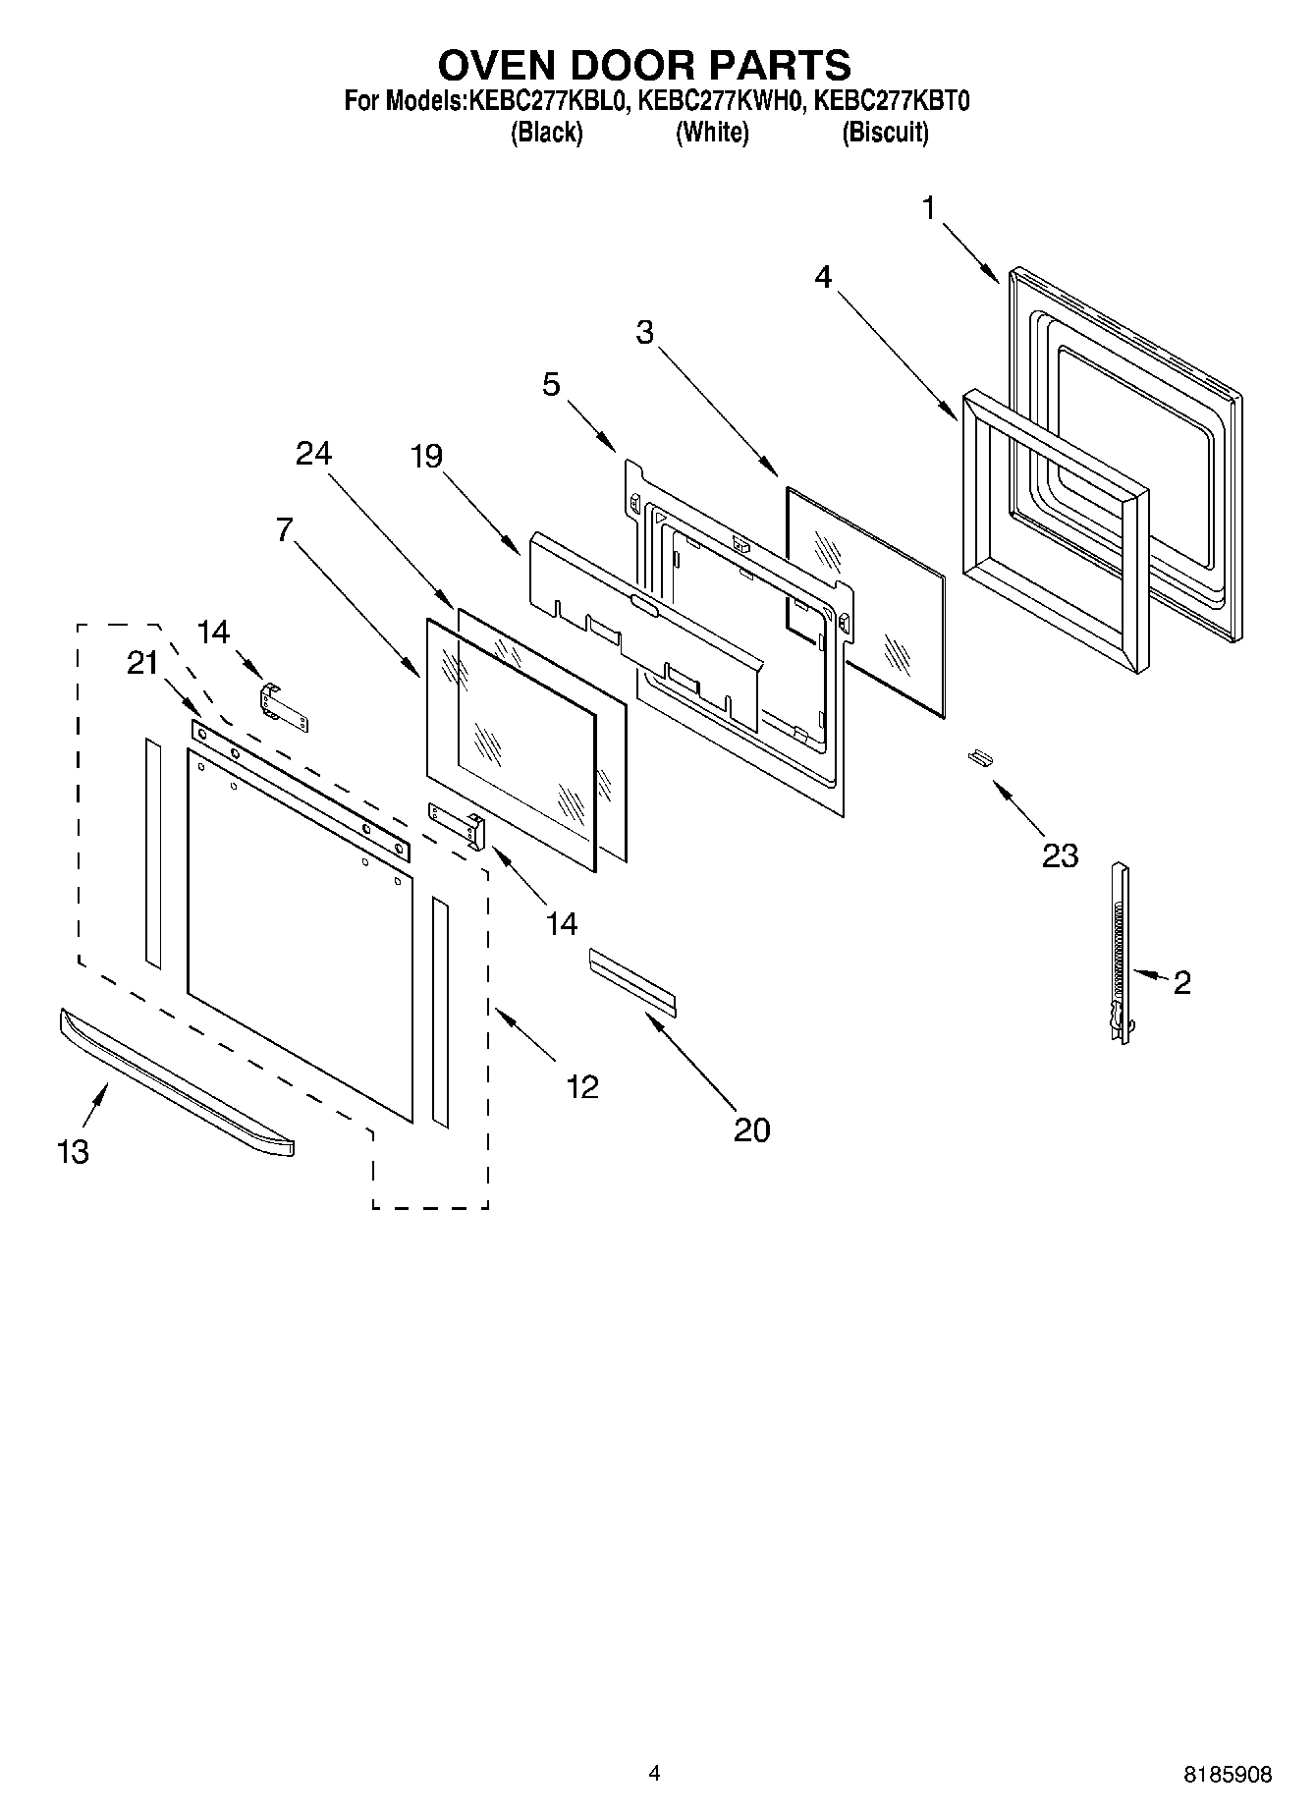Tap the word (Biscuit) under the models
tap(885, 133)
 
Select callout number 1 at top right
tap(928, 208)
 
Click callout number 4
tap(823, 277)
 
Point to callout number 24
tap(314, 454)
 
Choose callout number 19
tap(426, 457)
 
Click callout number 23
tap(1061, 855)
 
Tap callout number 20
tap(751, 1130)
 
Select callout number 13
tap(73, 1151)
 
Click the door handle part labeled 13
tap(177, 1084)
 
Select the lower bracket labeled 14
tap(458, 822)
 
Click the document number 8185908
tap(1228, 1775)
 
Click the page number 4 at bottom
tap(654, 1773)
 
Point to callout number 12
tap(581, 1086)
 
